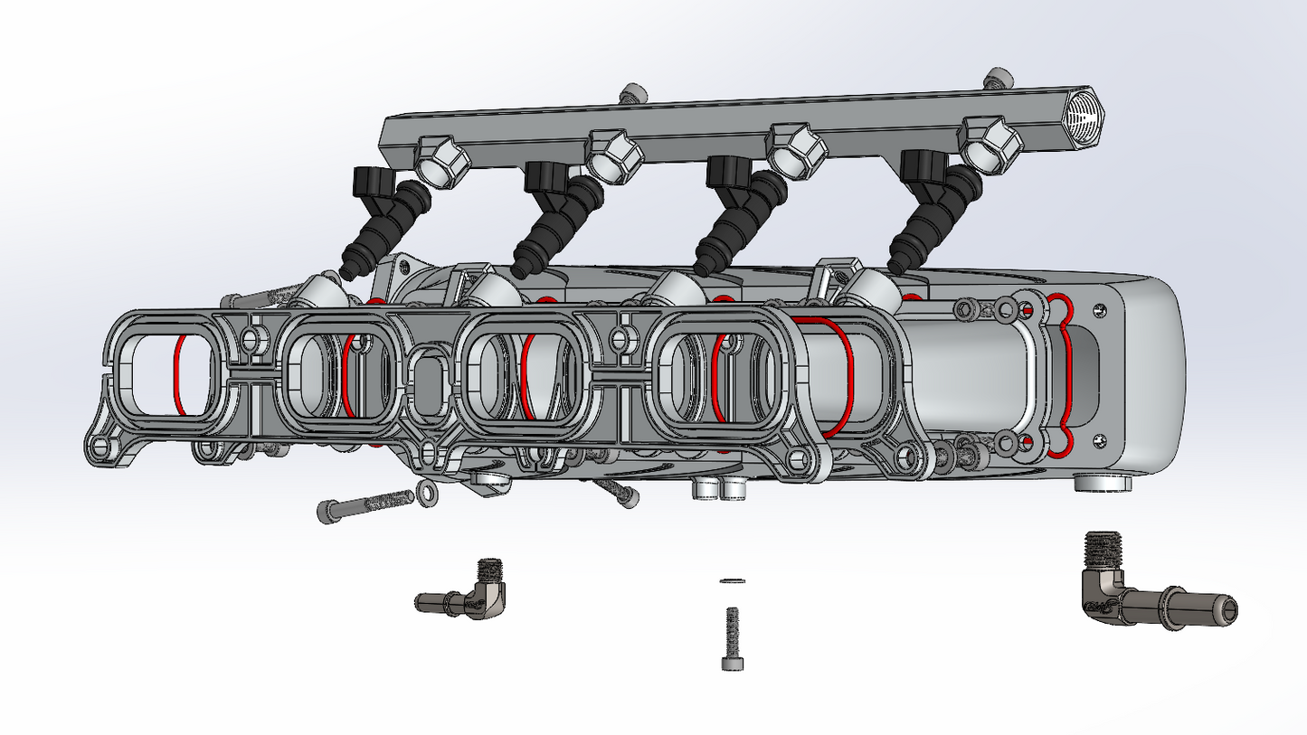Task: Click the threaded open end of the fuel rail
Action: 1083,116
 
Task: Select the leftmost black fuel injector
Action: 380,221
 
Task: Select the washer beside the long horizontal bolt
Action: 425,493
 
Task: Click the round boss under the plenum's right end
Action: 1103,483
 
